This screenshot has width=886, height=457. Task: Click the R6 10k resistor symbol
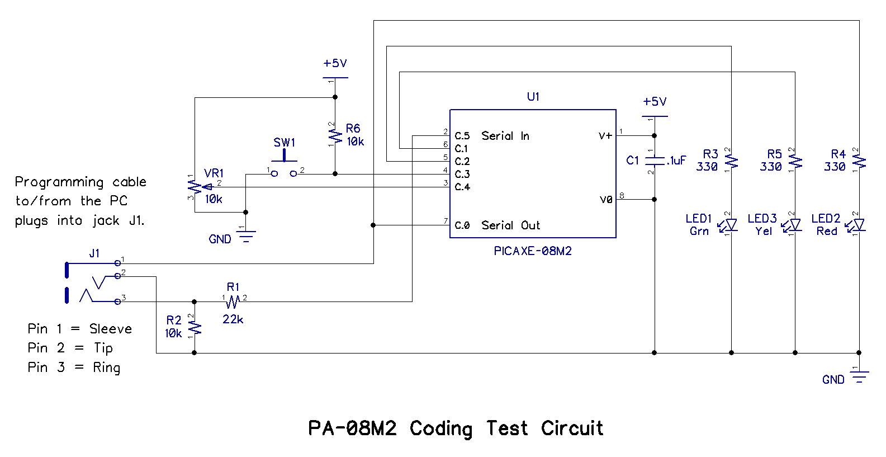(x=335, y=135)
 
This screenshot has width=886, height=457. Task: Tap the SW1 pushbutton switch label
(x=284, y=143)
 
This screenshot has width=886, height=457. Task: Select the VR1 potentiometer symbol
(x=195, y=187)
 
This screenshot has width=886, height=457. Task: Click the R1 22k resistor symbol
(x=233, y=302)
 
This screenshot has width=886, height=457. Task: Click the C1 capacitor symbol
(x=655, y=161)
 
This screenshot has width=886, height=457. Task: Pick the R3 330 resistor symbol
(x=732, y=162)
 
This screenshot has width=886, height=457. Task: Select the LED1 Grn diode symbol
(x=730, y=225)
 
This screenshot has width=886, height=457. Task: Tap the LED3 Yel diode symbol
(x=794, y=225)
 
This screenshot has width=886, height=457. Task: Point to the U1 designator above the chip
(x=533, y=97)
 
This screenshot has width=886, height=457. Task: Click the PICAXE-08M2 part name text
(x=533, y=251)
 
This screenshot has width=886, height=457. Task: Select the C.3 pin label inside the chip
(x=462, y=175)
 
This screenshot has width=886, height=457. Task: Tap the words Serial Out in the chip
(x=511, y=225)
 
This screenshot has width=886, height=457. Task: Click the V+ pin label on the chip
(x=605, y=136)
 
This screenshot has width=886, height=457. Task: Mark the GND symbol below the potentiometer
(x=245, y=235)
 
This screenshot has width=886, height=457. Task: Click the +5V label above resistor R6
(x=335, y=64)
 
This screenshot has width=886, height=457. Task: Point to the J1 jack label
(x=94, y=253)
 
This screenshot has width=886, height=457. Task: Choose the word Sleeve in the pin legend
(x=111, y=329)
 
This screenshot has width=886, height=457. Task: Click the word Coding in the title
(x=441, y=428)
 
